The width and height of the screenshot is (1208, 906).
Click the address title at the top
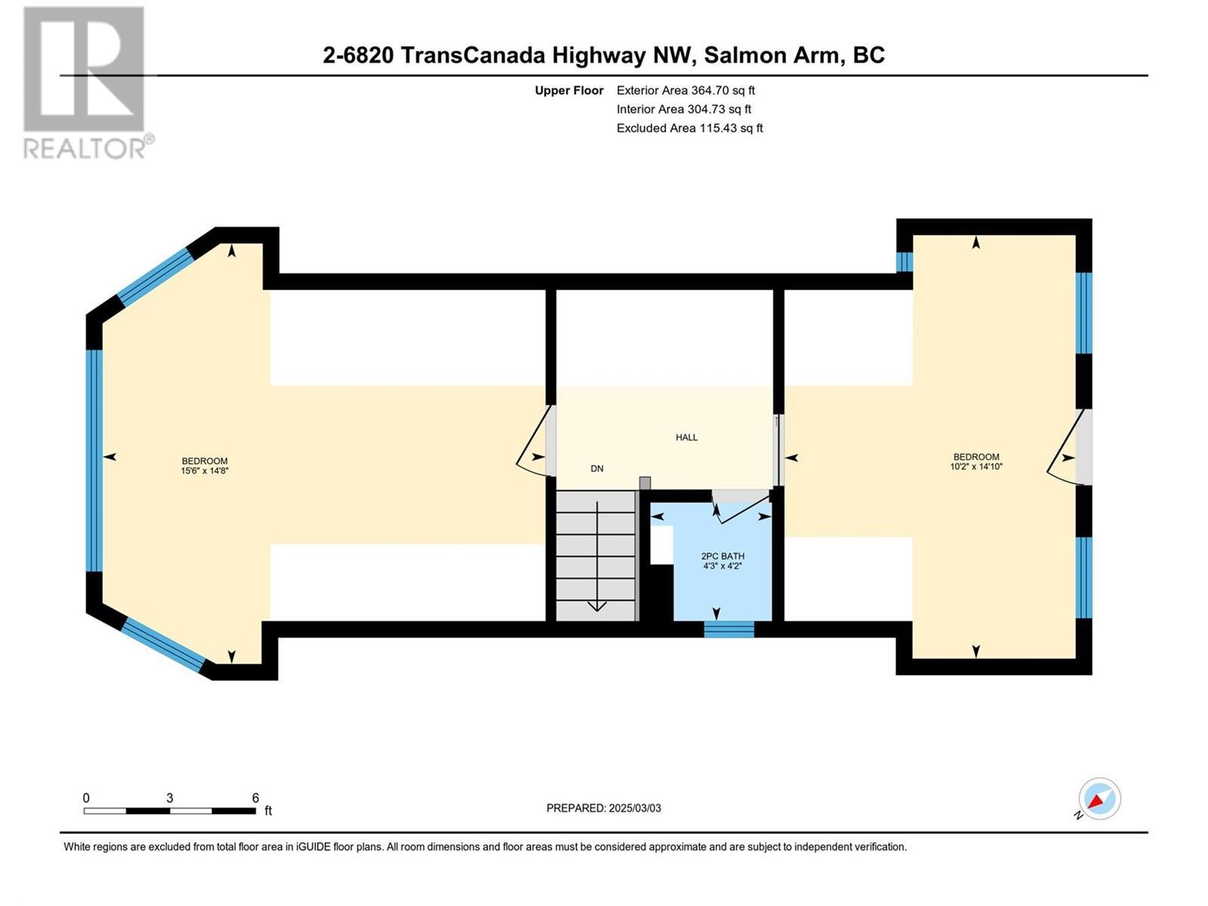(x=603, y=55)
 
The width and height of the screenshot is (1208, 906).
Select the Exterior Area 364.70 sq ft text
(x=686, y=90)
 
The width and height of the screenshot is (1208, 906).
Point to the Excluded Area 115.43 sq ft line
(x=689, y=128)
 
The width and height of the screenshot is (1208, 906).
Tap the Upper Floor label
(x=569, y=91)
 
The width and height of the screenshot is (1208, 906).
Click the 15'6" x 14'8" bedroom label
(x=205, y=466)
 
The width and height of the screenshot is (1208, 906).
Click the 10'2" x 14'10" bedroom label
(x=976, y=461)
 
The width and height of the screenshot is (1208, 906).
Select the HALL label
(x=686, y=437)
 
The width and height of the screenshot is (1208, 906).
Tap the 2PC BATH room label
(x=723, y=560)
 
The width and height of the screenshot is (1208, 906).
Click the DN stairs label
(x=597, y=469)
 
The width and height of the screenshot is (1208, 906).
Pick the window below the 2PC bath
(x=729, y=629)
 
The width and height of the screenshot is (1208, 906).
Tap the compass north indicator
(x=1099, y=799)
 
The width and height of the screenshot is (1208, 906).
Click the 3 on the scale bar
(x=170, y=798)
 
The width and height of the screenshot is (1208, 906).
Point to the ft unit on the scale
(x=268, y=812)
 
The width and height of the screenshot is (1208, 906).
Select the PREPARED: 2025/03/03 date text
(x=603, y=808)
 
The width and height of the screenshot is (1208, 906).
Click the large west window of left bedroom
(x=94, y=461)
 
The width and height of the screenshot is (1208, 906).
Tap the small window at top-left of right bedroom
(x=904, y=261)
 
